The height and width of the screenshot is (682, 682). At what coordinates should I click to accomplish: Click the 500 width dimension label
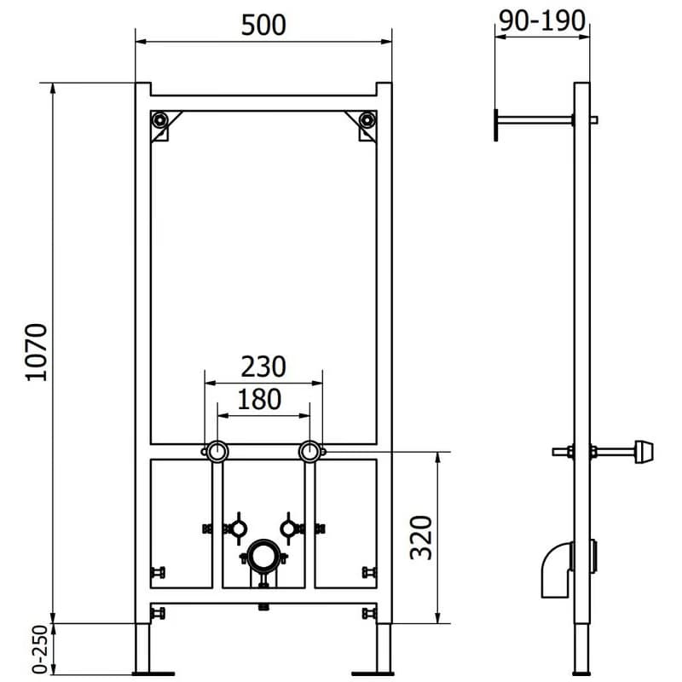(x=263, y=26)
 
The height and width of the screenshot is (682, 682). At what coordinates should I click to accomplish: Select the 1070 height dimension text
(x=37, y=352)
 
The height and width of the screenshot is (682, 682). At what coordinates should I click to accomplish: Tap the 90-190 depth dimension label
(x=542, y=20)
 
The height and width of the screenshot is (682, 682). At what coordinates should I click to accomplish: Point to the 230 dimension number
(x=263, y=367)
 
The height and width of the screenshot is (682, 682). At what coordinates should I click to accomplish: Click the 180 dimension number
(x=259, y=399)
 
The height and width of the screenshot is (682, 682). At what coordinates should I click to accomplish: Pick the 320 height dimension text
(x=421, y=538)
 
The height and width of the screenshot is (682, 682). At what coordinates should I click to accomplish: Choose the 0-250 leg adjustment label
(x=40, y=650)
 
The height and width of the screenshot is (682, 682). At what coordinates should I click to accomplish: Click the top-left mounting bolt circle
(x=160, y=119)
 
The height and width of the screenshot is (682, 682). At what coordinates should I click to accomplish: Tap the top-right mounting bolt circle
(x=367, y=119)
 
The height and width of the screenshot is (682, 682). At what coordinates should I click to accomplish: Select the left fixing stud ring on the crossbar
(x=216, y=452)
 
